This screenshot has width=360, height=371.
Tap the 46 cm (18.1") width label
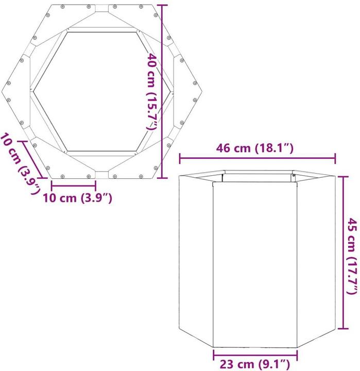click(256, 149)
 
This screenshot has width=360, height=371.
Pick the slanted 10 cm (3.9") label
click(19, 163)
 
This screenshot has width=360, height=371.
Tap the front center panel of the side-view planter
click(255, 263)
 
